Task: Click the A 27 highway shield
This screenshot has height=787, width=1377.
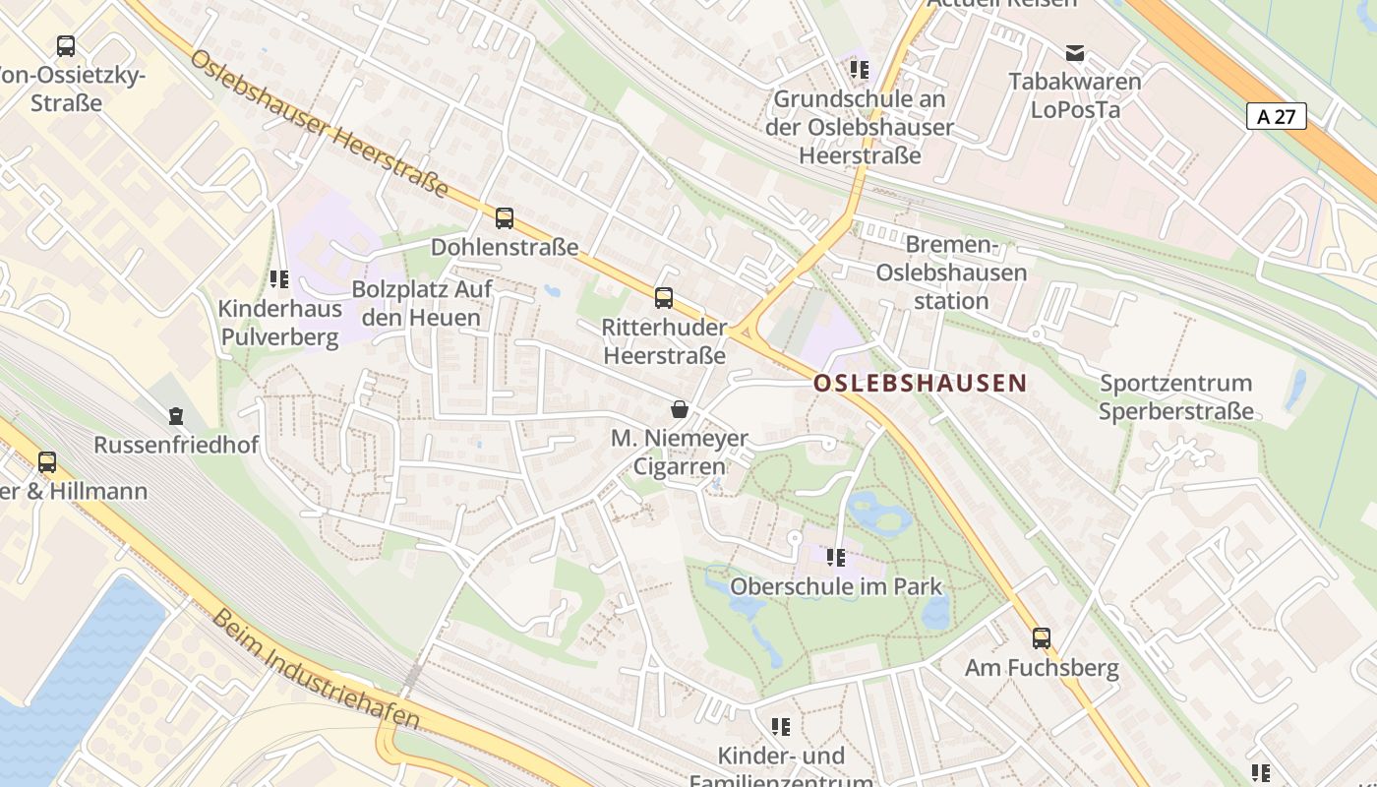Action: pos(1277,116)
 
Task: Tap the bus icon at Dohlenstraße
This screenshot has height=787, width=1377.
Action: pos(505,217)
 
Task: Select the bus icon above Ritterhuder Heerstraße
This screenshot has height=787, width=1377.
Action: pos(664,297)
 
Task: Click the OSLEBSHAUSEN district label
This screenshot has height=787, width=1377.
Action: pos(921,383)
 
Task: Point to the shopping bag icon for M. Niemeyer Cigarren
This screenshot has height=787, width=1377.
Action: pos(679,409)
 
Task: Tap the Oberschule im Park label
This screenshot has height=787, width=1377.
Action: pos(836,586)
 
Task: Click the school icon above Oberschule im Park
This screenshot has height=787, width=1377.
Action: pos(836,558)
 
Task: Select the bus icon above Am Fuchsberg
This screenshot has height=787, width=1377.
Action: pos(1042,638)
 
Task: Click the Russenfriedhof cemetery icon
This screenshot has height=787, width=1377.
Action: pos(176,416)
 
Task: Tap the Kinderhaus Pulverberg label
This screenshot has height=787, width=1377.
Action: pos(280,323)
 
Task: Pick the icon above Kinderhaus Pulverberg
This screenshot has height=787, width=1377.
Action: pos(280,279)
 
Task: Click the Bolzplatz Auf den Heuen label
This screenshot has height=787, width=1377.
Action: pos(422,304)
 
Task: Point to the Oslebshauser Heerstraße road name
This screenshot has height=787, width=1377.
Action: pos(319,122)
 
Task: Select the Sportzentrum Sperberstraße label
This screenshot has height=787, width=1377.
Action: pos(1176,396)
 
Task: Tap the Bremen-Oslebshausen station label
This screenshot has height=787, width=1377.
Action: pos(951,272)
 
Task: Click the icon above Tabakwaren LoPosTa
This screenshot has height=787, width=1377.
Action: pos(1075,52)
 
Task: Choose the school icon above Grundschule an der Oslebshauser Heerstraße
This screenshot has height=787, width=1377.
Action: pos(860,70)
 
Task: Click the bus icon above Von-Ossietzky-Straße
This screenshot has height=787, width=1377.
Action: pos(66,45)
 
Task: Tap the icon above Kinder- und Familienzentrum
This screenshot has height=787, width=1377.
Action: pos(781,727)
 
